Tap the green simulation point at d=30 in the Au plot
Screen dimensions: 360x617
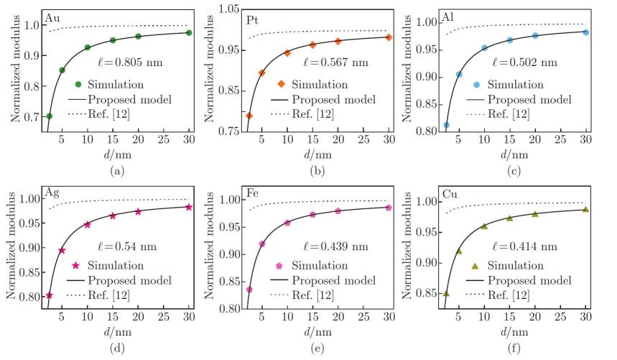pos(189,32)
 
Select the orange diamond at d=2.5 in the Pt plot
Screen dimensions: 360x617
pos(249,116)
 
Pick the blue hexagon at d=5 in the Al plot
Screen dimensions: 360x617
pos(459,74)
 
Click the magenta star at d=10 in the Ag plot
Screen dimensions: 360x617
pos(87,224)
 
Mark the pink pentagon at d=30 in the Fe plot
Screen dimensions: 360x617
pos(388,208)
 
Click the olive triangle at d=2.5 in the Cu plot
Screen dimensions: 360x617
pos(446,293)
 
